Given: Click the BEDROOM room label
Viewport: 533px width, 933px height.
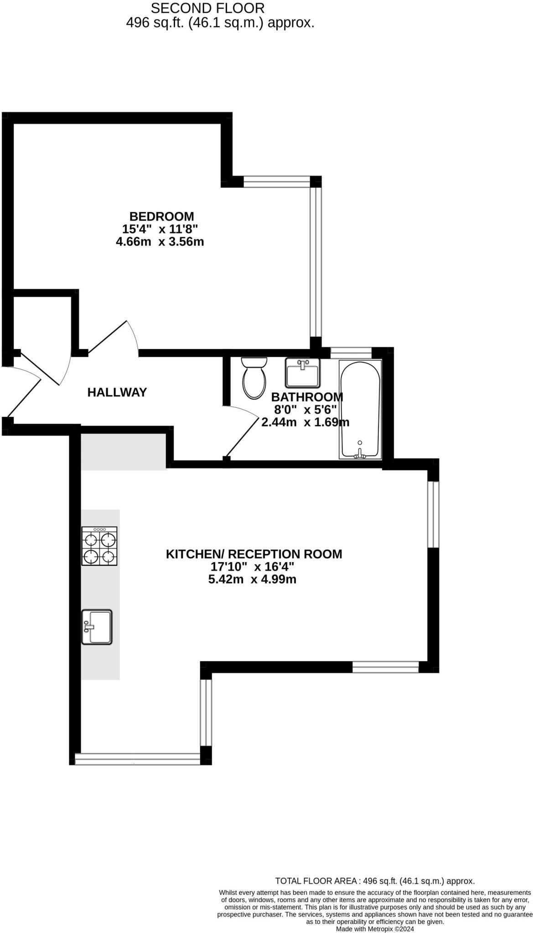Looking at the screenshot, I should tap(161, 216).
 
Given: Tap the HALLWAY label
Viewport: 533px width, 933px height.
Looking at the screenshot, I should tap(117, 392).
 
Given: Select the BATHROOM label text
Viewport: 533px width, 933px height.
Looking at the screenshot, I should tap(307, 397).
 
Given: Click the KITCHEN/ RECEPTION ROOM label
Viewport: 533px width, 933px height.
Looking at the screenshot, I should tap(254, 554).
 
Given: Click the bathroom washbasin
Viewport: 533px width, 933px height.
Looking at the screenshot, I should tap(303, 372).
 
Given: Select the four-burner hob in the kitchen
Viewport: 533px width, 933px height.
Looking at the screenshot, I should tap(99, 546).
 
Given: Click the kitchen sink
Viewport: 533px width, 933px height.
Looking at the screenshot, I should tap(97, 627).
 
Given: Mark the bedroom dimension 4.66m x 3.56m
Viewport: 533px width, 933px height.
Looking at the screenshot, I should tap(160, 241).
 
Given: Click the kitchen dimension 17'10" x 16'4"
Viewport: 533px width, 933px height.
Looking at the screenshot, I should tap(252, 567).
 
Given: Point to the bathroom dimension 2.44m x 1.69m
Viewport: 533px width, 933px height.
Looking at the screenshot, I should tap(305, 422).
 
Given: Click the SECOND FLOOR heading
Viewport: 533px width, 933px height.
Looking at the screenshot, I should tap(207, 8).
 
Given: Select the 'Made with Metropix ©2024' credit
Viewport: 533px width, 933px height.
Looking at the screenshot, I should tap(375, 928).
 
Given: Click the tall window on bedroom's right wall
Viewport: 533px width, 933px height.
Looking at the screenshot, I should tap(316, 262).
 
